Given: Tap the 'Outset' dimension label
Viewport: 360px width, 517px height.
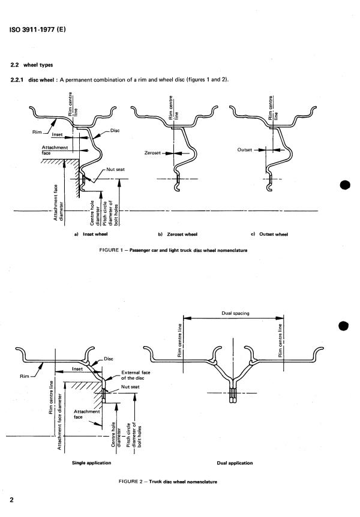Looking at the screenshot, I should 246,150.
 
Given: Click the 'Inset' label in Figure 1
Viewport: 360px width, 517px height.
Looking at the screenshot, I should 58,134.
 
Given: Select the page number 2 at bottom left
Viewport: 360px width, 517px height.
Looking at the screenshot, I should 11,500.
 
